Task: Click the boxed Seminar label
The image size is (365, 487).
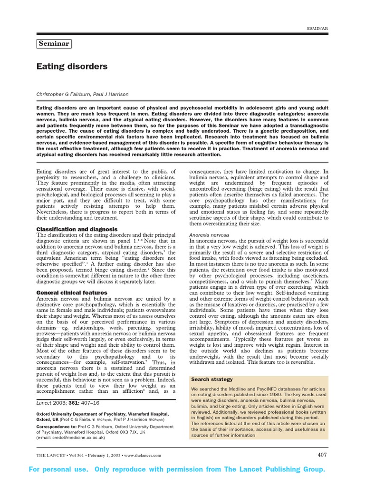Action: (x=54, y=44)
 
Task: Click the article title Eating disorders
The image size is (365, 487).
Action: (x=72, y=67)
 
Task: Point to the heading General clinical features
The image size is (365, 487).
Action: (x=72, y=292)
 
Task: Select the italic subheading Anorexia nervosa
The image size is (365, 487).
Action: (x=210, y=235)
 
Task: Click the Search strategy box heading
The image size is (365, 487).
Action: (x=212, y=380)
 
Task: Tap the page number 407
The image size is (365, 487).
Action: (x=322, y=455)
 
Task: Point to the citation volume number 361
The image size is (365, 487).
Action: (x=74, y=402)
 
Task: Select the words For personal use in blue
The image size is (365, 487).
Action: (x=58, y=469)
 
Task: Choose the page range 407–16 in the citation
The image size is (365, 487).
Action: (x=91, y=402)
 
